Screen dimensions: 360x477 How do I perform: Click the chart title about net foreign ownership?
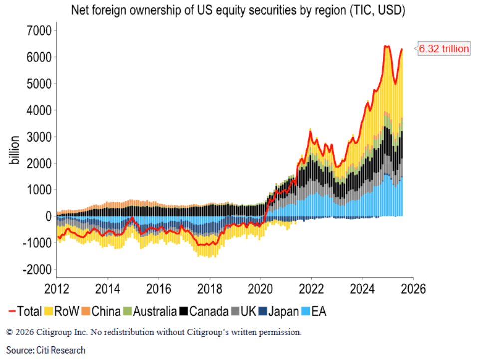tap(238, 9)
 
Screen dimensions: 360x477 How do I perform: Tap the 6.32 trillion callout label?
tap(443, 49)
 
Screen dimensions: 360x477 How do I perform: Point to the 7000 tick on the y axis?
tap(38, 31)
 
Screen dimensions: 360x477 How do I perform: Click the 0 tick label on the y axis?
tap(48, 216)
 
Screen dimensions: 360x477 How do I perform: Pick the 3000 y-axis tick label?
tap(38, 137)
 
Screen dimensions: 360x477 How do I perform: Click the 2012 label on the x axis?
tap(57, 289)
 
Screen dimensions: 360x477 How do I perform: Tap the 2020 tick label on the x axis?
tap(260, 289)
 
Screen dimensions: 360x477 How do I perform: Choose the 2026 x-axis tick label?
tap(413, 289)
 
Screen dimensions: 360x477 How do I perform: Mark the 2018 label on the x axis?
tap(210, 289)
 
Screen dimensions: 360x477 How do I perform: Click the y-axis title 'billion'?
tap(15, 150)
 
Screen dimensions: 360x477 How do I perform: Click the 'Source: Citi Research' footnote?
tap(46, 350)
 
